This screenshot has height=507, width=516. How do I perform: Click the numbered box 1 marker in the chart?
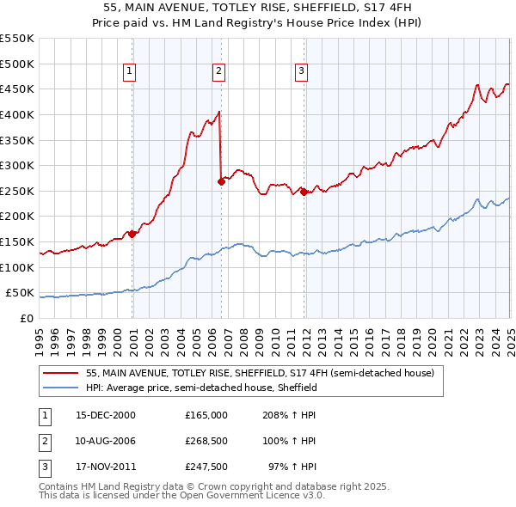129,72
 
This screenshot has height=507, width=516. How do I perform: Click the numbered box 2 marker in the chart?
219,72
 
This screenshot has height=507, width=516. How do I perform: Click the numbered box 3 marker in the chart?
303,72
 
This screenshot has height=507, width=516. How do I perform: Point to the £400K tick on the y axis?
18,114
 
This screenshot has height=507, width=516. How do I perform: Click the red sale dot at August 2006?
221,181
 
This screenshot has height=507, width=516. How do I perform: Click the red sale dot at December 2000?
132,234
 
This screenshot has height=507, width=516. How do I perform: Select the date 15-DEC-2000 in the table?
106,415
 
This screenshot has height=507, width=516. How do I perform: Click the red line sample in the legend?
58,374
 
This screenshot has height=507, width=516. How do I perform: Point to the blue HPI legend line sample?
58,388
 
